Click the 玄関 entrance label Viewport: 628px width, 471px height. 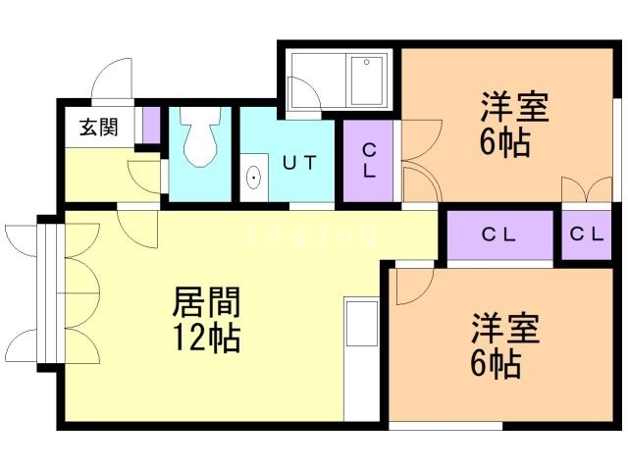[99, 128]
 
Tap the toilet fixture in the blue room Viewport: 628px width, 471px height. [200, 136]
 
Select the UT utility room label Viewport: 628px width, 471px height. [299, 163]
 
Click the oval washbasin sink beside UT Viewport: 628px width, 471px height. [254, 178]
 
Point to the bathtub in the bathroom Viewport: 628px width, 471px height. [367, 80]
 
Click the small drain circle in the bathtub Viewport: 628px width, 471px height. [366, 62]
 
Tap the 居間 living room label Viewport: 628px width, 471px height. [206, 302]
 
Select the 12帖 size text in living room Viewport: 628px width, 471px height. [207, 338]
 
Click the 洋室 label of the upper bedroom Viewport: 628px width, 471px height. [514, 107]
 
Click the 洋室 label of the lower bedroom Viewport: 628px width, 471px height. [505, 329]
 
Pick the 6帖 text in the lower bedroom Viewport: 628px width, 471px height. [496, 364]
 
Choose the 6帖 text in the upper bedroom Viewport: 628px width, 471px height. [505, 142]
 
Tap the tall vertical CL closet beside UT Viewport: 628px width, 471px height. [369, 161]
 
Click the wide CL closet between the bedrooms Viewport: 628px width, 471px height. [499, 235]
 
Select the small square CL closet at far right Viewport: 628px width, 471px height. [587, 235]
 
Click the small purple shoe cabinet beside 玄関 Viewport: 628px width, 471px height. [152, 126]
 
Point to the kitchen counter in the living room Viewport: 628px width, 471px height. [362, 359]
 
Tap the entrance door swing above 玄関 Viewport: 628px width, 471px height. [112, 78]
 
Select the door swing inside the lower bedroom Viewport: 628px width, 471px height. [415, 287]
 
